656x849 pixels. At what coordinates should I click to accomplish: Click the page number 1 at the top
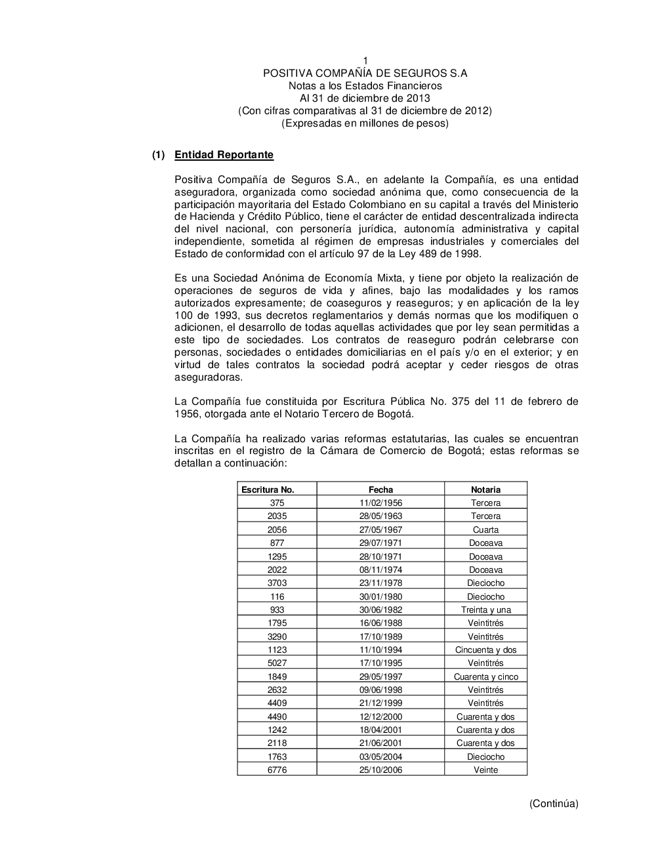(365, 61)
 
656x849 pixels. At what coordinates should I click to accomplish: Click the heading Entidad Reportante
(224, 155)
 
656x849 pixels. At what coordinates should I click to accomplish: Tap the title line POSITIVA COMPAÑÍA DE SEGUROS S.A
(365, 73)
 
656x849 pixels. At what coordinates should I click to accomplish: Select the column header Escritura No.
(268, 489)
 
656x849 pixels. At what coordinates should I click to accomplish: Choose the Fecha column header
(380, 489)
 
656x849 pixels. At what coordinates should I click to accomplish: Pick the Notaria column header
(485, 489)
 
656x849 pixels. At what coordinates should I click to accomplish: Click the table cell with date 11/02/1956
(380, 503)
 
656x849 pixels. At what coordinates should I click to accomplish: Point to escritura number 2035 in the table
(277, 516)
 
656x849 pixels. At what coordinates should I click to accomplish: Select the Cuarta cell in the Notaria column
(485, 529)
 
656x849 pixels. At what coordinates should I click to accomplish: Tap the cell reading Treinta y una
(485, 610)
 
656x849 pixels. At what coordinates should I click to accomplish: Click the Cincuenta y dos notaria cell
(485, 650)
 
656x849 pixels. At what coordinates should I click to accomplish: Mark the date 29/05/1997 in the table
(380, 676)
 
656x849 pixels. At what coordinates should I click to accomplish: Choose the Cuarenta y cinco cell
(485, 676)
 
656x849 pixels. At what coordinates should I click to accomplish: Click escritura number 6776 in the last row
(277, 770)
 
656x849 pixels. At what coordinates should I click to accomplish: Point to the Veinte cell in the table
(485, 770)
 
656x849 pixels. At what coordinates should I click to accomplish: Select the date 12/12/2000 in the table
(380, 716)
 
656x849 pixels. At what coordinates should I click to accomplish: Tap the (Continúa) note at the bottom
(554, 803)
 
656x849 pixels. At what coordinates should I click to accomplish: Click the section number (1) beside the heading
(158, 155)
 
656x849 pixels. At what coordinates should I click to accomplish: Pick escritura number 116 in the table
(277, 596)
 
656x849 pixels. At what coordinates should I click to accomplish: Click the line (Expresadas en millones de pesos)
(365, 123)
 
